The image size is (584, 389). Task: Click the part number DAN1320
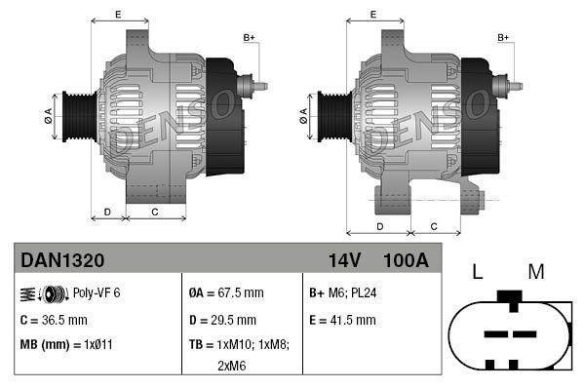click(63, 260)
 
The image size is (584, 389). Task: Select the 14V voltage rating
click(344, 260)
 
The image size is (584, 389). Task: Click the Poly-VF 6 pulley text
click(97, 292)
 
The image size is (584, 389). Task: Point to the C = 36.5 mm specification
click(54, 319)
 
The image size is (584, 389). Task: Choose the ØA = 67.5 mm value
click(225, 292)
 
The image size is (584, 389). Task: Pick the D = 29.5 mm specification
click(222, 319)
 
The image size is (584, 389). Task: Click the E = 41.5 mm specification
click(341, 319)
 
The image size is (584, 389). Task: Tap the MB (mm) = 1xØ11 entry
click(66, 344)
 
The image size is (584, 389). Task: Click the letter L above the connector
click(478, 273)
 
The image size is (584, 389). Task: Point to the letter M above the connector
click(535, 273)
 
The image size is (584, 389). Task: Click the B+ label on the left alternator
click(249, 37)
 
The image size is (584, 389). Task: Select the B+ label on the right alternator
click(504, 37)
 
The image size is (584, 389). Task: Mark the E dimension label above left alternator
click(118, 14)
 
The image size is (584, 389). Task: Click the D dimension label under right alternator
click(378, 226)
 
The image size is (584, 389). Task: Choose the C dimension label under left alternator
click(155, 211)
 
